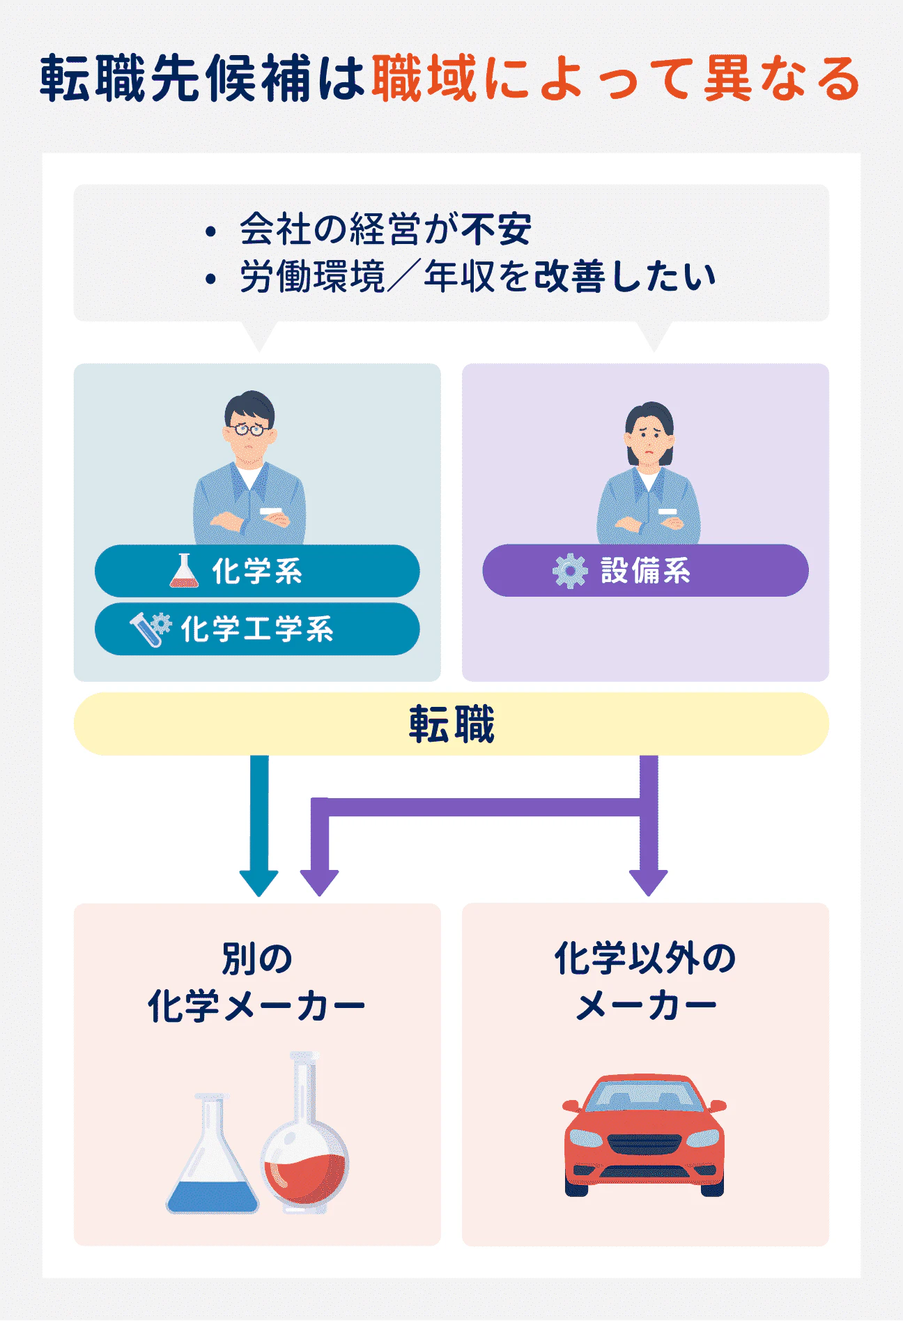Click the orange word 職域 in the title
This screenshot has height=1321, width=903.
(x=424, y=78)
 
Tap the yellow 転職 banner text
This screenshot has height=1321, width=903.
(x=451, y=724)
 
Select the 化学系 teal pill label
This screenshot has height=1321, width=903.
(x=257, y=571)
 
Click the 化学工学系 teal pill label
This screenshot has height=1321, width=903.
(x=257, y=629)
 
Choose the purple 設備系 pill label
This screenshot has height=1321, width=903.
(x=645, y=570)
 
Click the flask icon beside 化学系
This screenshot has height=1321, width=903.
(x=184, y=571)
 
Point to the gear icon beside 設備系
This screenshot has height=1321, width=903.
(x=570, y=571)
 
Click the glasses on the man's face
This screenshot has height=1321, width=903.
(x=249, y=429)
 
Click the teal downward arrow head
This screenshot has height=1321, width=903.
(x=258, y=883)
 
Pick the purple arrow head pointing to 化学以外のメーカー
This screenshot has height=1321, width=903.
(x=648, y=883)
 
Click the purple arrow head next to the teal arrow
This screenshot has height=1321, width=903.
(x=319, y=883)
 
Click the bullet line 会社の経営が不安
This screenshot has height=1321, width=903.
(x=385, y=229)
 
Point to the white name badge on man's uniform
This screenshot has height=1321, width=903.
(x=271, y=511)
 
